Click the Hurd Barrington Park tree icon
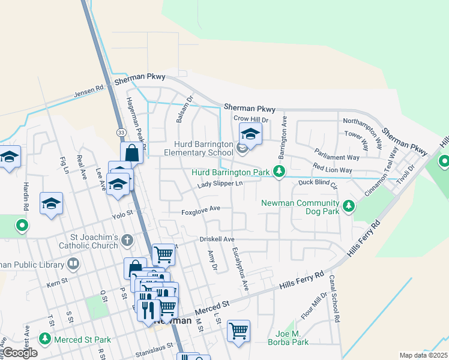(x=279, y=172)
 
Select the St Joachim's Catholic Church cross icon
(x=126, y=241)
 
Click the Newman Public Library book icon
(x=73, y=263)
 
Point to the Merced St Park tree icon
(x=44, y=340)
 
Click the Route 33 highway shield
(x=122, y=131)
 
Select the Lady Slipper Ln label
(x=221, y=184)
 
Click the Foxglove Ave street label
(x=201, y=211)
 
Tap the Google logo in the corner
(x=20, y=353)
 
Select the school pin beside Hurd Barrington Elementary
(x=250, y=135)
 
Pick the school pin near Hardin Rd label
(x=51, y=204)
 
